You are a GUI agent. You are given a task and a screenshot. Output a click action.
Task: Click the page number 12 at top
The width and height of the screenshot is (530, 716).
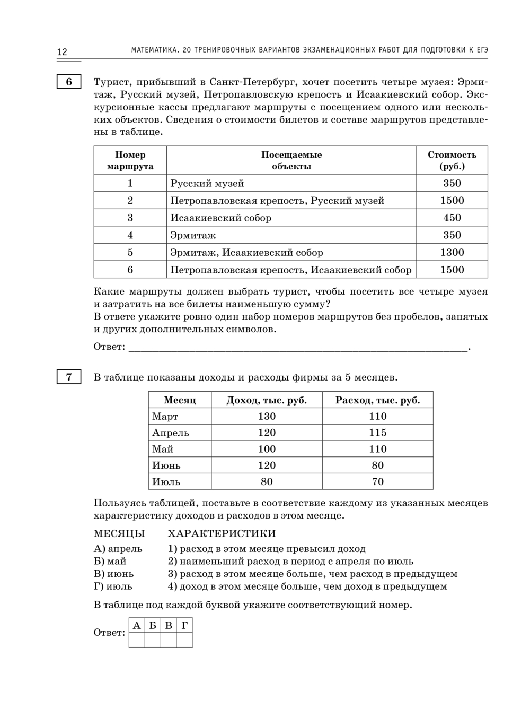pyautogui.click(x=62, y=51)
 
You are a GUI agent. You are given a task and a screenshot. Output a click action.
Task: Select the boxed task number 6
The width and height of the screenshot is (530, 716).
pyautogui.click(x=69, y=82)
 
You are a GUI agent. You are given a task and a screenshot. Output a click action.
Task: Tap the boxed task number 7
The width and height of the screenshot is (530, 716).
pyautogui.click(x=69, y=377)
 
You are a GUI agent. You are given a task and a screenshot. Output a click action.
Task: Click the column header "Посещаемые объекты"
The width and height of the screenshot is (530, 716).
pyautogui.click(x=291, y=160)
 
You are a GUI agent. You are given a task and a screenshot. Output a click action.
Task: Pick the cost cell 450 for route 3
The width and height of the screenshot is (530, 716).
pyautogui.click(x=452, y=218)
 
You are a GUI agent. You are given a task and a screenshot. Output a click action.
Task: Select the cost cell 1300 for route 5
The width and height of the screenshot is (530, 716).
pyautogui.click(x=452, y=252)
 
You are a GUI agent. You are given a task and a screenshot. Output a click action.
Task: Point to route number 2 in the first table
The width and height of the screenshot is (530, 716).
pyautogui.click(x=130, y=201)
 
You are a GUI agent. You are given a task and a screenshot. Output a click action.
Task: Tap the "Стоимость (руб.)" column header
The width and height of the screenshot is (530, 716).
pyautogui.click(x=452, y=160)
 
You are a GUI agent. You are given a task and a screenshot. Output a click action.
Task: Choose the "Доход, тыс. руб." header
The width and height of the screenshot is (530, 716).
pyautogui.click(x=267, y=400)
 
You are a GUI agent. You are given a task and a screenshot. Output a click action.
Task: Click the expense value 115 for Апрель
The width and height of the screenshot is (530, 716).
pyautogui.click(x=378, y=433)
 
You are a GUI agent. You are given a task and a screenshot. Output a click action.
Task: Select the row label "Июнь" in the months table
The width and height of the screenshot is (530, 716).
pyautogui.click(x=166, y=465)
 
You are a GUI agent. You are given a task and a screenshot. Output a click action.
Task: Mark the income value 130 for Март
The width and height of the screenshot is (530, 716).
pyautogui.click(x=267, y=416)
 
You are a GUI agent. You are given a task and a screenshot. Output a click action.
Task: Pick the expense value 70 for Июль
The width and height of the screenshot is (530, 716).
pyautogui.click(x=378, y=481)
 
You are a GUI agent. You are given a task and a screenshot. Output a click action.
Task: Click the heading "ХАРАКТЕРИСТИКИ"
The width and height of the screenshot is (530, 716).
pyautogui.click(x=222, y=533)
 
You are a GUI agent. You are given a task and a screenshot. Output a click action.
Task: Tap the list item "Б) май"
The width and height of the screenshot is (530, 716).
pyautogui.click(x=110, y=561)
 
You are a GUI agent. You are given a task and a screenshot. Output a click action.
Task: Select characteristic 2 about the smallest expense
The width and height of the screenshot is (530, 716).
pyautogui.click(x=290, y=561)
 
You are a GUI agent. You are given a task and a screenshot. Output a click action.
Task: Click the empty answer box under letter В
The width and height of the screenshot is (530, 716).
pyautogui.click(x=169, y=640)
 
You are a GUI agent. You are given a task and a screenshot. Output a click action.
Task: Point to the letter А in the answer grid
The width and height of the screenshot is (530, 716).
pyautogui.click(x=137, y=625)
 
